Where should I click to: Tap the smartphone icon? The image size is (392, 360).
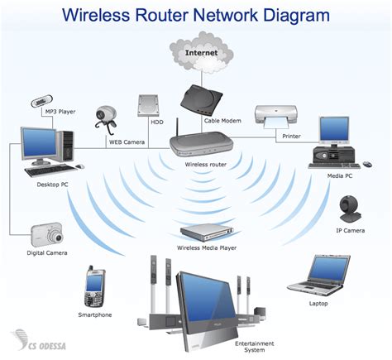[93, 286]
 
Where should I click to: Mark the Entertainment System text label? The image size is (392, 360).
[250, 346]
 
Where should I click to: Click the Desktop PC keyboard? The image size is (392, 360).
[43, 172]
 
